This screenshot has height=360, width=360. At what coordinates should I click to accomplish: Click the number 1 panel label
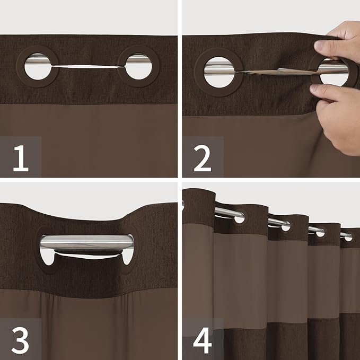coord(20,157)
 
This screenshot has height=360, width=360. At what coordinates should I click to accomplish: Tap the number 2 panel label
coord(202,157)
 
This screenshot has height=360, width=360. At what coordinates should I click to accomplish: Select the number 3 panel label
coord(20,339)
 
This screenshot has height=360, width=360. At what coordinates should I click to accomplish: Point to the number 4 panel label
coord(203,339)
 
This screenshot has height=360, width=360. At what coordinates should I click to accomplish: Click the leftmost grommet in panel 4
coord(238,217)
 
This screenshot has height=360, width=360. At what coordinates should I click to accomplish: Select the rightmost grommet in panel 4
coord(347,236)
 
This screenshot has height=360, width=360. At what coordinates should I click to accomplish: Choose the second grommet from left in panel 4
coord(285,225)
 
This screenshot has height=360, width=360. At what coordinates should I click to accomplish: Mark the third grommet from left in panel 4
coord(320,232)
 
